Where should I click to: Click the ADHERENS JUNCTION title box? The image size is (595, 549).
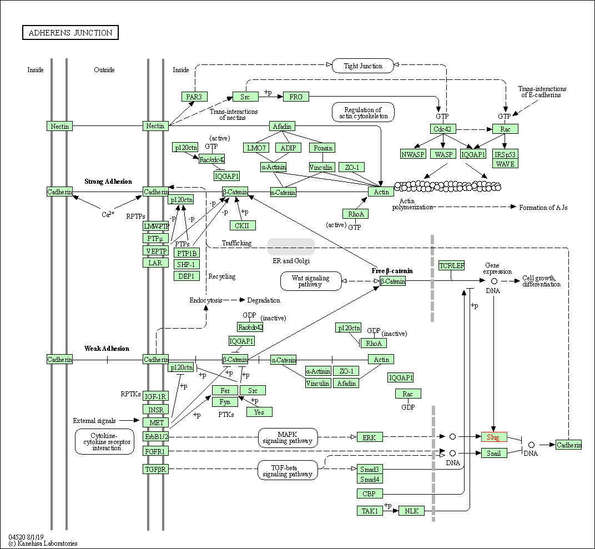pyautogui.click(x=70, y=33)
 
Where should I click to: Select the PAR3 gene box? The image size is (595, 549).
pyautogui.click(x=194, y=97)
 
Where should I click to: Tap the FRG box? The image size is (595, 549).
pyautogui.click(x=296, y=97)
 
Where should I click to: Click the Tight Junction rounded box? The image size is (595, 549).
pyautogui.click(x=363, y=66)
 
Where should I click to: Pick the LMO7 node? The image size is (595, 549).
pyautogui.click(x=256, y=148)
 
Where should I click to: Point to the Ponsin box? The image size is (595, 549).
pyautogui.click(x=322, y=148)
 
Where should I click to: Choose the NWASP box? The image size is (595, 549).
pyautogui.click(x=413, y=154)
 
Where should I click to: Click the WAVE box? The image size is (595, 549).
pyautogui.click(x=505, y=164)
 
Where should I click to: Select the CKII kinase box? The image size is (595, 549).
pyautogui.click(x=243, y=225)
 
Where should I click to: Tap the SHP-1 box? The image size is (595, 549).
pyautogui.click(x=186, y=265)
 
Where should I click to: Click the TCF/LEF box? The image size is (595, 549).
pyautogui.click(x=451, y=265)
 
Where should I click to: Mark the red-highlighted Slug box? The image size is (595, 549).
pyautogui.click(x=494, y=437)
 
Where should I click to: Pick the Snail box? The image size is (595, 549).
pyautogui.click(x=494, y=453)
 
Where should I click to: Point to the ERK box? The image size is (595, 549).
pyautogui.click(x=370, y=437)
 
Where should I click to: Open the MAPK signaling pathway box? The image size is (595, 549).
pyautogui.click(x=288, y=437)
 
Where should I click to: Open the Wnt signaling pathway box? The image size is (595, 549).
pyautogui.click(x=311, y=281)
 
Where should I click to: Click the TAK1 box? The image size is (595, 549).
pyautogui.click(x=370, y=511)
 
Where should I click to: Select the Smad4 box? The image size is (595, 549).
pyautogui.click(x=370, y=479)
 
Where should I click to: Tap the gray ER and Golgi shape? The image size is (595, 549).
pyautogui.click(x=291, y=247)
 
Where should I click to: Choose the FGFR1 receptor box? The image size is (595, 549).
pyautogui.click(x=155, y=451)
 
